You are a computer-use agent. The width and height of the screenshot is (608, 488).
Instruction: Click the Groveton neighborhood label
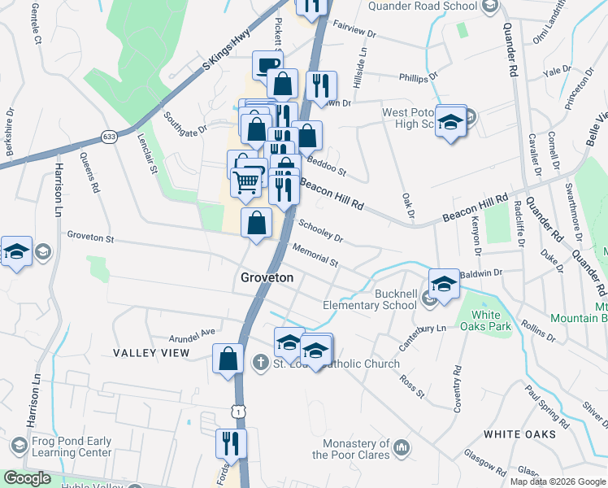pyautogui.click(x=267, y=277)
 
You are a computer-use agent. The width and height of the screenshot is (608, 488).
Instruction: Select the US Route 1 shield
pyautogui.click(x=237, y=412)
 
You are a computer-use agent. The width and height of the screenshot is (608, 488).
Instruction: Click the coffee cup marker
pyautogui.click(x=267, y=64)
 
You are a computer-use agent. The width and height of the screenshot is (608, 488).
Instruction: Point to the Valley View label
pyautogui.click(x=150, y=353)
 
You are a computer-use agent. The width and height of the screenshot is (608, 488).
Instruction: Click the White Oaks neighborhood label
pyautogui.click(x=521, y=434)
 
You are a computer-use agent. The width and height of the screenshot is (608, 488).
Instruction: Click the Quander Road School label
pyautogui.click(x=422, y=7)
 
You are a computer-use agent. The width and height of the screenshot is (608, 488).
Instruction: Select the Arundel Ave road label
pyautogui.click(x=192, y=332)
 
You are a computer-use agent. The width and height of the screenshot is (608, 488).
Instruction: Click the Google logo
pyautogui.click(x=27, y=478)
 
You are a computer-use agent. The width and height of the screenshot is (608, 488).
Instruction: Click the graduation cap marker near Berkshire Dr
pyautogui.click(x=15, y=251)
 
